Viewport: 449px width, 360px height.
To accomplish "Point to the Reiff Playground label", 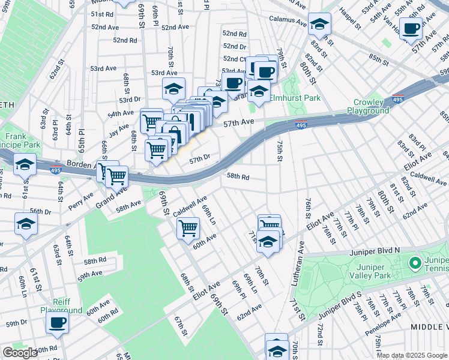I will coord(61,306).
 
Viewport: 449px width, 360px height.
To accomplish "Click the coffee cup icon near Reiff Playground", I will coord(58,323).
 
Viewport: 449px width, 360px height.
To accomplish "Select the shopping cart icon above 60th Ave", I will coord(188,228).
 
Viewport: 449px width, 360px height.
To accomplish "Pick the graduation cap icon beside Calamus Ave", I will coord(320,25).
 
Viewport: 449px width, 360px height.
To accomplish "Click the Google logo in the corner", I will coord(20,353).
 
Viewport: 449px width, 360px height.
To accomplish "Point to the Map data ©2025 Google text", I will coord(412,355).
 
